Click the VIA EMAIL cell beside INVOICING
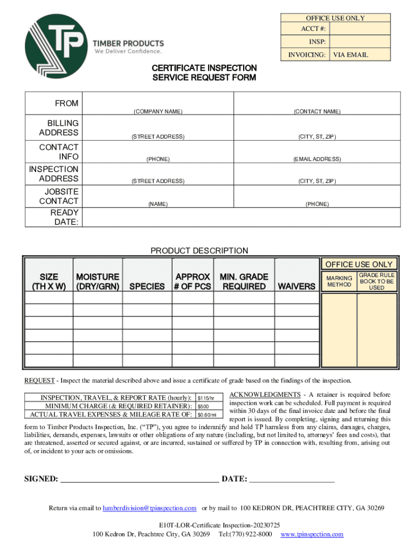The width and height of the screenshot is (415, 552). point(350,54)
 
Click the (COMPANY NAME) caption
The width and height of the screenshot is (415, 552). point(158,112)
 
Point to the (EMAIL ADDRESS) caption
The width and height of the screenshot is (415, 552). point(317,159)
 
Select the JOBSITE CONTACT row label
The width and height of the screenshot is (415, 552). point(59,196)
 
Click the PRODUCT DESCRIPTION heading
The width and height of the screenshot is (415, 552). point(199,250)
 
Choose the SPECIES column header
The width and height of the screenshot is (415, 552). point(147,286)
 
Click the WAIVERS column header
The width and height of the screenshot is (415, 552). point(295,286)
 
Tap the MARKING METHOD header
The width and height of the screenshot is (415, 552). point(339,281)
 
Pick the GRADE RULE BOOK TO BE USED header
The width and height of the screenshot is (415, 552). point(377,281)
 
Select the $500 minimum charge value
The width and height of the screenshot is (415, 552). point(204,406)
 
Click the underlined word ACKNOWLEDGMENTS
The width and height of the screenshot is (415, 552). point(265,395)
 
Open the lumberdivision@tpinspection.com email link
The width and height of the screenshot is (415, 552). point(149,508)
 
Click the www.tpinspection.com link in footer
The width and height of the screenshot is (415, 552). point(312,534)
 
